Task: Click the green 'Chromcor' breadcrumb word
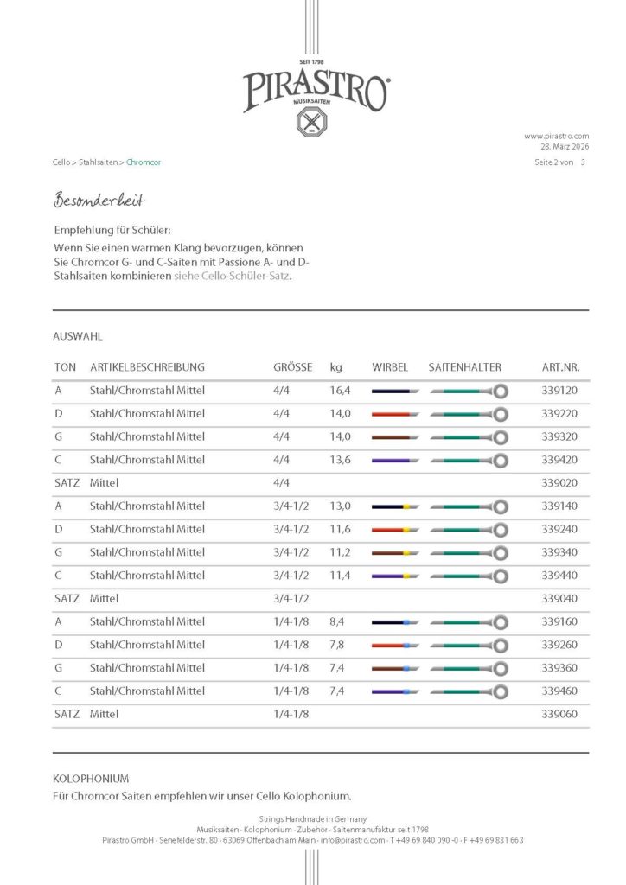tap(144, 162)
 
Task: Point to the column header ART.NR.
tap(560, 367)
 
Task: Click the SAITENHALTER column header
tap(465, 367)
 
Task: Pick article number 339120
tap(559, 391)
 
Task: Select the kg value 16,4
tap(340, 391)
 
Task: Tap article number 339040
tap(559, 598)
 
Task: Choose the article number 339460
tap(559, 691)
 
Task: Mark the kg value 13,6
tap(340, 460)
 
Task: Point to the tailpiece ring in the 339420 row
tap(501, 460)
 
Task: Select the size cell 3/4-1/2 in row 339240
tap(291, 529)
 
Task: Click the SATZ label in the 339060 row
tap(67, 714)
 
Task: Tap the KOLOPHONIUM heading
tap(91, 779)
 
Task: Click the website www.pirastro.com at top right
tap(556, 136)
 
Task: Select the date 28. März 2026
tap(562, 147)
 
